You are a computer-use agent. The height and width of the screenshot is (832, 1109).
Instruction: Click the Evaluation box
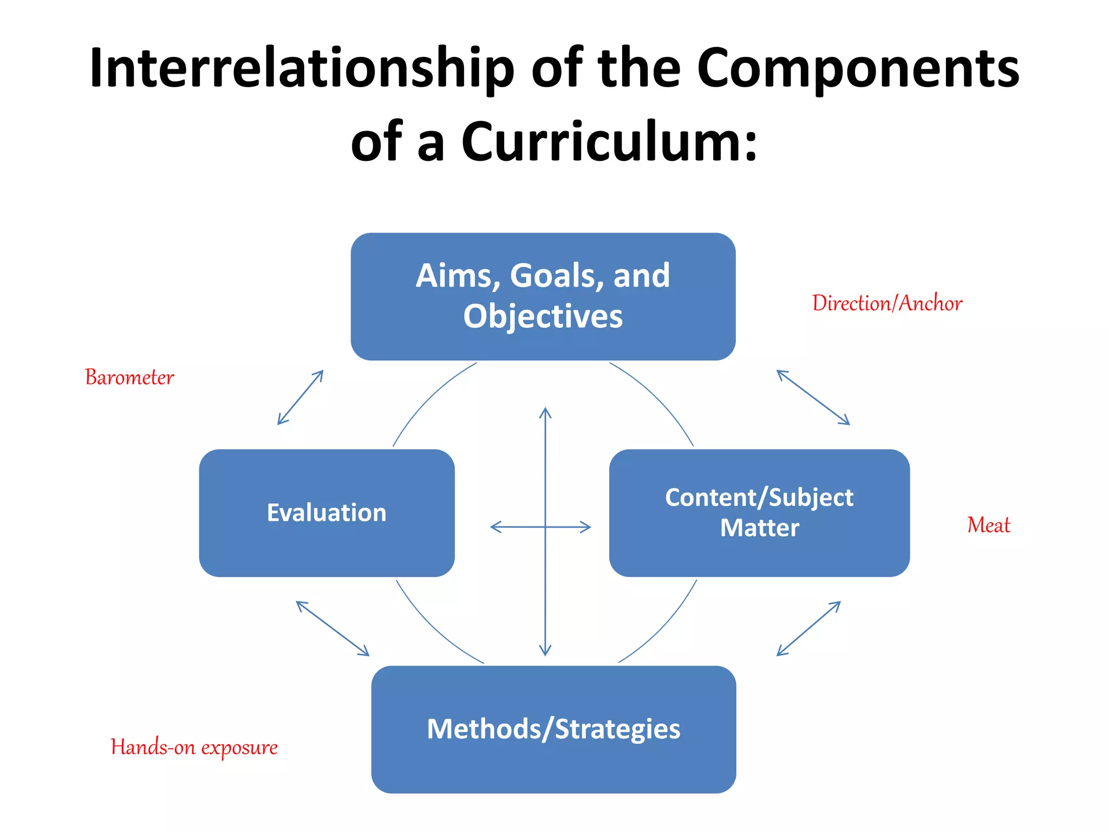click(x=327, y=512)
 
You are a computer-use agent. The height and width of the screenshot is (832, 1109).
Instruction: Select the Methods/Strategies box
click(x=553, y=729)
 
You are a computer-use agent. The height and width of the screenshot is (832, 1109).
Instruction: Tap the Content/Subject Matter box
click(x=759, y=512)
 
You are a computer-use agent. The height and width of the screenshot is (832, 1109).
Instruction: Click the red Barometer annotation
click(x=129, y=378)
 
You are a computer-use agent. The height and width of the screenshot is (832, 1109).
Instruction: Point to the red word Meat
click(x=988, y=525)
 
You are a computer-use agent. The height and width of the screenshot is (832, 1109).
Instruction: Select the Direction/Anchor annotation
click(x=887, y=303)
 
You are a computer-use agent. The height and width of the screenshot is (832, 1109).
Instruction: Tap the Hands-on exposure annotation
click(x=194, y=747)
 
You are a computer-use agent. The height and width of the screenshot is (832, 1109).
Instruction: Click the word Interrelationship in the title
click(x=302, y=69)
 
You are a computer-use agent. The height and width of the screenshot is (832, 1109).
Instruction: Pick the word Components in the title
click(x=858, y=69)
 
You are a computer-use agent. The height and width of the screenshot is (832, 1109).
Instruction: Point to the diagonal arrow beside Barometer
click(x=301, y=397)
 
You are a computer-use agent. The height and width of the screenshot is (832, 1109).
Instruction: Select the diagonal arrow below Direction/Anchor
click(x=813, y=397)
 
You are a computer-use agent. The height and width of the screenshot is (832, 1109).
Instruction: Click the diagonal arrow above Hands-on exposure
click(x=332, y=628)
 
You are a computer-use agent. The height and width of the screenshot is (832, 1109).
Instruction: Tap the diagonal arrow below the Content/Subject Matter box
click(x=808, y=628)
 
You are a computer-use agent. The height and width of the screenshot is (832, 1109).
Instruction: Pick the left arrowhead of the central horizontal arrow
click(x=494, y=526)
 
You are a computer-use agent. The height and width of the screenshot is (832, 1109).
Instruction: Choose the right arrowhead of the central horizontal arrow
click(x=586, y=526)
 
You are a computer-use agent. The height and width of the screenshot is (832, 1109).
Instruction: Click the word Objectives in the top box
click(x=543, y=316)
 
